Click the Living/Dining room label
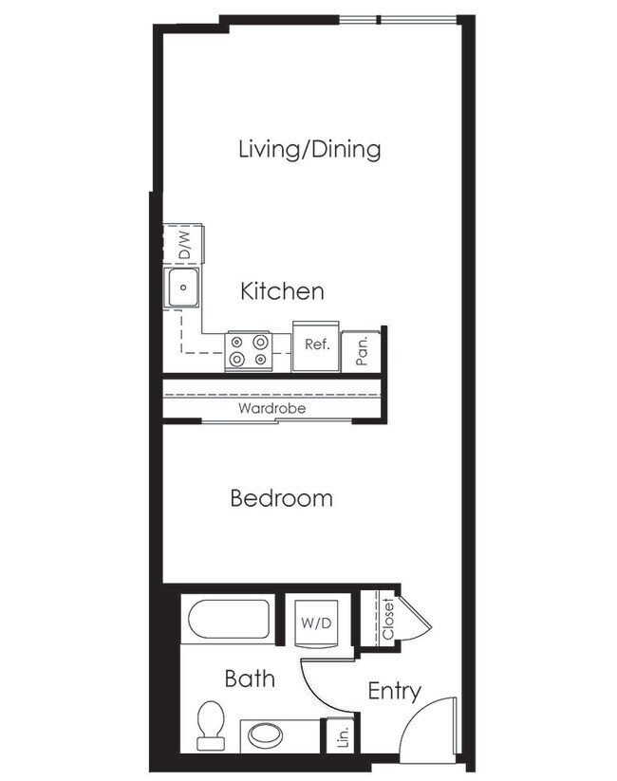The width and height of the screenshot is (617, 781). coord(309,149)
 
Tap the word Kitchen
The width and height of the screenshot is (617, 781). coord(282,290)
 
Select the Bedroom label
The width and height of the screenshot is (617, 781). coord(282,497)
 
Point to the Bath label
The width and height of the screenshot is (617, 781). coord(250,678)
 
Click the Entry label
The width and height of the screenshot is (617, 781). coord(394,691)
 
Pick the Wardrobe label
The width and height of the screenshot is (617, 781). coord(271,409)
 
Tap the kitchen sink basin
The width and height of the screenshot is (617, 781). coord(181,288)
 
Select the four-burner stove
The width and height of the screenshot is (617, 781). coord(249,350)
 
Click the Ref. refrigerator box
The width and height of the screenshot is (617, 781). coord(315,345)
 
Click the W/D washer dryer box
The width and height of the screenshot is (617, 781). coord(316,623)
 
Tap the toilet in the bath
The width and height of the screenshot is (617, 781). coord(210,726)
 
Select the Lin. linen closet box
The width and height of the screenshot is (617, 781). coord(341,736)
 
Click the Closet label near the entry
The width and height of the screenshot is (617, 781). coord(387,620)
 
